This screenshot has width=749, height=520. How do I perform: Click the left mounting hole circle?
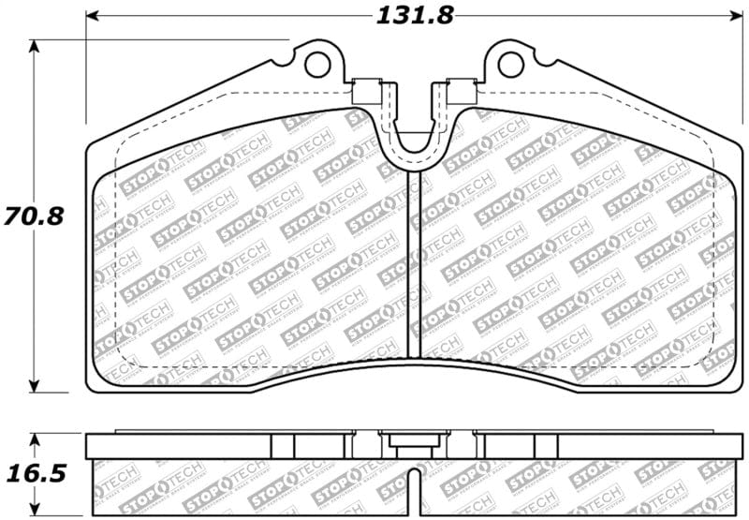(318, 65)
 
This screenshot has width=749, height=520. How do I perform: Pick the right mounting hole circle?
(510, 65)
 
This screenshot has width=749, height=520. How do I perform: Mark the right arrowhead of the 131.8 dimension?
(736, 16)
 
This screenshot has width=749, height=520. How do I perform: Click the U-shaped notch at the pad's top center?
(413, 141)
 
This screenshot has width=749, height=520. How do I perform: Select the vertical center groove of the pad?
(413, 262)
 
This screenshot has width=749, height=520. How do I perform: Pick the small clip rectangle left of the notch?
(366, 91)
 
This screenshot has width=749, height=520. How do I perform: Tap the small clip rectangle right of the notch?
(460, 91)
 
